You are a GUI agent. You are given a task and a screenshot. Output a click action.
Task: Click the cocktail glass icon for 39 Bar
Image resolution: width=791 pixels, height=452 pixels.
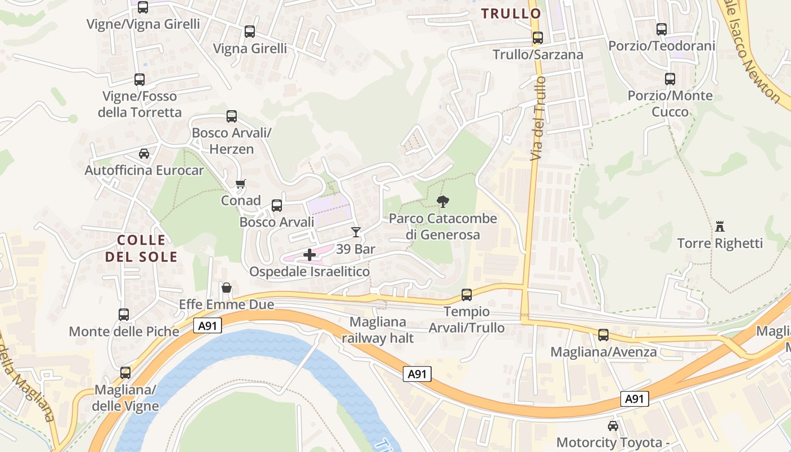tap(355, 232)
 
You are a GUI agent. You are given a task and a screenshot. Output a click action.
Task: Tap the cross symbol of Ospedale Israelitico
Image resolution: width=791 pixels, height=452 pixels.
tap(310, 255)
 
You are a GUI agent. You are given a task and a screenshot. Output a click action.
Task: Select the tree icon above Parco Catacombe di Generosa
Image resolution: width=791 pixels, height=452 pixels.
tap(444, 201)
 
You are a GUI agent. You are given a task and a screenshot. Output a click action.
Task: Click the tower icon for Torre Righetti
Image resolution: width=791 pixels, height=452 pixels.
tap(720, 227)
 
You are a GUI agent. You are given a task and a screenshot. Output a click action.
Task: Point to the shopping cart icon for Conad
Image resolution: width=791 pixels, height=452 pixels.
tap(241, 184)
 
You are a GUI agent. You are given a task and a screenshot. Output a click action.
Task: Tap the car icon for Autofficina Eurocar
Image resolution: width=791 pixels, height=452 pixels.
tap(144, 153)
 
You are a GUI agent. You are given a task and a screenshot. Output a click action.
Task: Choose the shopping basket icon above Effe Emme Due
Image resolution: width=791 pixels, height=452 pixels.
tap(227, 288)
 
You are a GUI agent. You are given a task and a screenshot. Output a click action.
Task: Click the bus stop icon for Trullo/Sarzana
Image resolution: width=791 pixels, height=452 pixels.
tap(538, 38)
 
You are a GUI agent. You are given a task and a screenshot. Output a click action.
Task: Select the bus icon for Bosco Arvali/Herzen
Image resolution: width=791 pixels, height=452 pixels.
tap(232, 116)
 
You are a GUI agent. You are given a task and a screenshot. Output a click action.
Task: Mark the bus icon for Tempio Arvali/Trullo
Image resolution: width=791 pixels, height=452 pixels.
tap(467, 294)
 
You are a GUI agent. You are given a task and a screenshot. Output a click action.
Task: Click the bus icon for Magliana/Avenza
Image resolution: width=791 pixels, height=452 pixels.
tap(603, 335)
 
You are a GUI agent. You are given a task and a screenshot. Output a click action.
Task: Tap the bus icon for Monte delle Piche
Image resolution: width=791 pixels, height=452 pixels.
tap(124, 315)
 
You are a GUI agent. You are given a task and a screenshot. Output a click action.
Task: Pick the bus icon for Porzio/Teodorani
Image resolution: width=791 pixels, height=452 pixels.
tap(662, 29)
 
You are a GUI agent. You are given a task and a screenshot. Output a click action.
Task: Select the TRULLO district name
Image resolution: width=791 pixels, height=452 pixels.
tap(511, 14)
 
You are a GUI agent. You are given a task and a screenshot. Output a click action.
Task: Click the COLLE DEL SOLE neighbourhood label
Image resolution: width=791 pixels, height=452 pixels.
tap(141, 249)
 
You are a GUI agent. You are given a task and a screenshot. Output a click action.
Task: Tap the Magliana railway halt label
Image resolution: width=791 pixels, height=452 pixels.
tap(378, 330)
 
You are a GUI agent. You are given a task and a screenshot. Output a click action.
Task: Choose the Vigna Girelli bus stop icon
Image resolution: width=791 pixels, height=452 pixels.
tap(250, 32)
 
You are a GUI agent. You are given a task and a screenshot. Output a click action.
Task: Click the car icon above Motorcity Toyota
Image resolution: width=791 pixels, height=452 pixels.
tap(613, 425)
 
